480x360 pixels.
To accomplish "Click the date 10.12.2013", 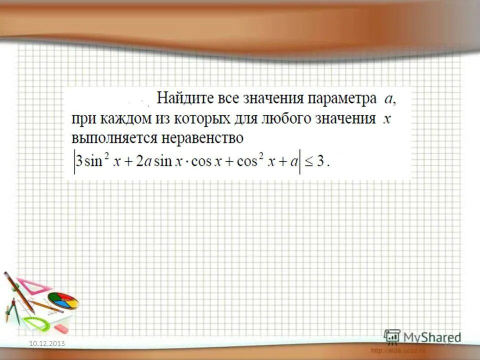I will coord(47,343).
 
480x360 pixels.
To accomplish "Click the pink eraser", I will coord(59,328).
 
